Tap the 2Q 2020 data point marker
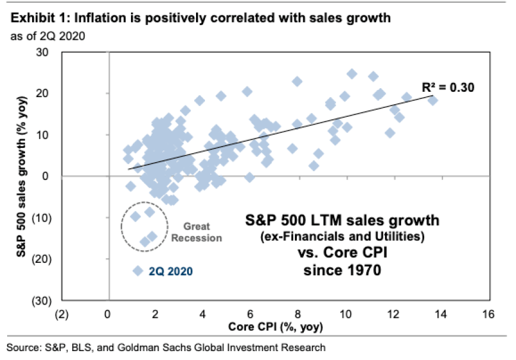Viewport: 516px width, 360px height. (x=138, y=271)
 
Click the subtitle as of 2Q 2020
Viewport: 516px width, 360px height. (x=47, y=36)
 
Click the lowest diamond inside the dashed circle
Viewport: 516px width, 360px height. (x=145, y=241)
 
